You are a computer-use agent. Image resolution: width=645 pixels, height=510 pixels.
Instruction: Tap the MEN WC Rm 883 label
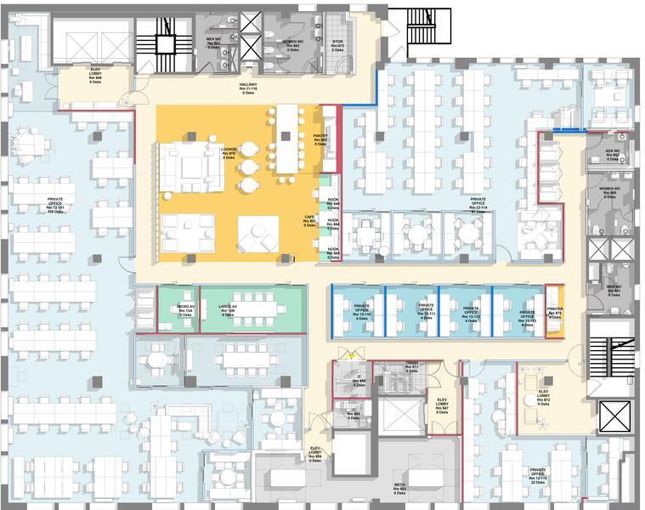[214, 42]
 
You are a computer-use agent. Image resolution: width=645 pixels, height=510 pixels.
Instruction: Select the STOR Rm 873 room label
[337, 44]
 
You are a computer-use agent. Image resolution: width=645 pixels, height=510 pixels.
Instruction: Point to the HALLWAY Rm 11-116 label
[248, 88]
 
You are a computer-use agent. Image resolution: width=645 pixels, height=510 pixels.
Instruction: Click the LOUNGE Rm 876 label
[229, 153]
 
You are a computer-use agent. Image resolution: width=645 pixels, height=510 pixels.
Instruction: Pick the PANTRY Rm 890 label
[320, 139]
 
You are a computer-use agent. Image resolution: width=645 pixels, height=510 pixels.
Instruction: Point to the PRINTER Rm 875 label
[555, 313]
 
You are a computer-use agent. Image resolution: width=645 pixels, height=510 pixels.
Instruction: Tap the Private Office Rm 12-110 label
[363, 311]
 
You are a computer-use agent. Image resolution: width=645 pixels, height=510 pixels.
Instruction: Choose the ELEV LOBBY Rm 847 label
[442, 404]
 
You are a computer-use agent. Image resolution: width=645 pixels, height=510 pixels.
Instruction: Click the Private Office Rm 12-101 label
[61, 205]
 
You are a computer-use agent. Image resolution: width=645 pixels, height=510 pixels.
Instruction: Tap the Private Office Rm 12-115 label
[537, 475]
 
